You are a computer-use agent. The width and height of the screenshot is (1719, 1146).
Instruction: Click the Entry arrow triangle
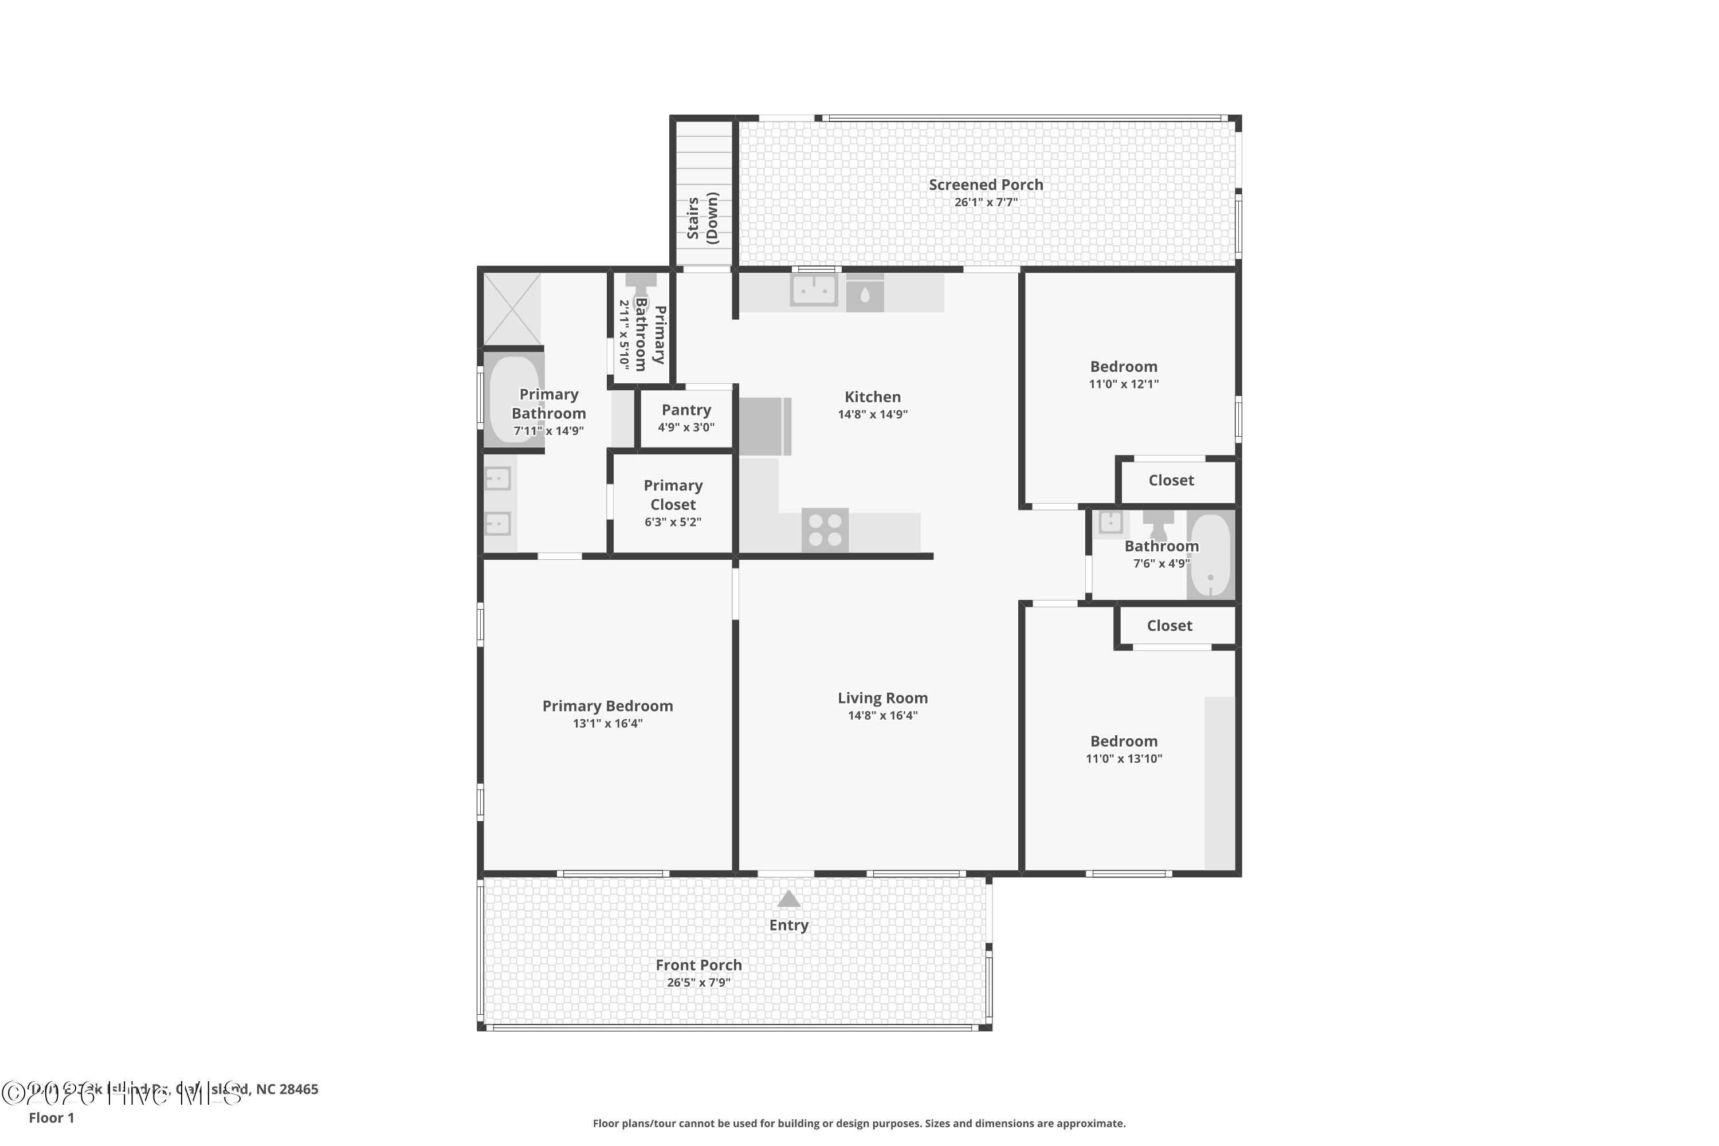(x=788, y=900)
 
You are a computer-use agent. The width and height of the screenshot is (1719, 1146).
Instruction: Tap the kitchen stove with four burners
(x=825, y=530)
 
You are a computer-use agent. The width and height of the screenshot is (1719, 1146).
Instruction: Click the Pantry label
(x=685, y=410)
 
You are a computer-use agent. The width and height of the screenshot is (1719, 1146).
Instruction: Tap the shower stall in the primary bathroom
(x=512, y=308)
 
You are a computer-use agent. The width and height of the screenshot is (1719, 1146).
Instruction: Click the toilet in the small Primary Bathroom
(x=641, y=287)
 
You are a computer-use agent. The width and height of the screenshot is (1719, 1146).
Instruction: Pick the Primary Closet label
(x=672, y=495)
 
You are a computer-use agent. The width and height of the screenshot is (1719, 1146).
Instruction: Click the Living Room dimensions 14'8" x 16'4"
(x=882, y=716)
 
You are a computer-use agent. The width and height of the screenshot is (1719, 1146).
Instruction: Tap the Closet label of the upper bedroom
(x=1171, y=480)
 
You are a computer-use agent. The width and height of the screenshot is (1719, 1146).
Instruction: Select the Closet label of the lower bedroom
(x=1169, y=626)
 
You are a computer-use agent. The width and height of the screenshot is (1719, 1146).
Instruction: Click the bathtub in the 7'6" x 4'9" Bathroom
(x=1210, y=555)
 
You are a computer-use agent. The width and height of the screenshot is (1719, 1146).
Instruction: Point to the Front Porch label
(x=698, y=965)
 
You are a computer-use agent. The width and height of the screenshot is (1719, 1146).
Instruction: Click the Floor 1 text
(x=51, y=1117)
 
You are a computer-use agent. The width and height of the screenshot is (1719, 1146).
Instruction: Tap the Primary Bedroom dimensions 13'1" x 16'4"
(x=607, y=724)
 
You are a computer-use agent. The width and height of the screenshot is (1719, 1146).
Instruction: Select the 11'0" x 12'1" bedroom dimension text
(x=1123, y=384)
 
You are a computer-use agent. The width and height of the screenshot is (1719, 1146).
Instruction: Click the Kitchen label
(x=872, y=397)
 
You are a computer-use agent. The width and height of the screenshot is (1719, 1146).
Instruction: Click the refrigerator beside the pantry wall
(x=764, y=426)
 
